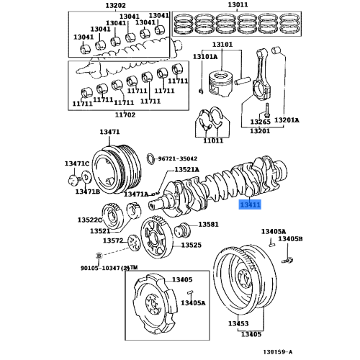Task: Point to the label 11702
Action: [125, 114]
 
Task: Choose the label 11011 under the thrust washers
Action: [213, 140]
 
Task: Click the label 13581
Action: [208, 225]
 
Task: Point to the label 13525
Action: [191, 245]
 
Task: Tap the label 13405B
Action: [291, 238]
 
